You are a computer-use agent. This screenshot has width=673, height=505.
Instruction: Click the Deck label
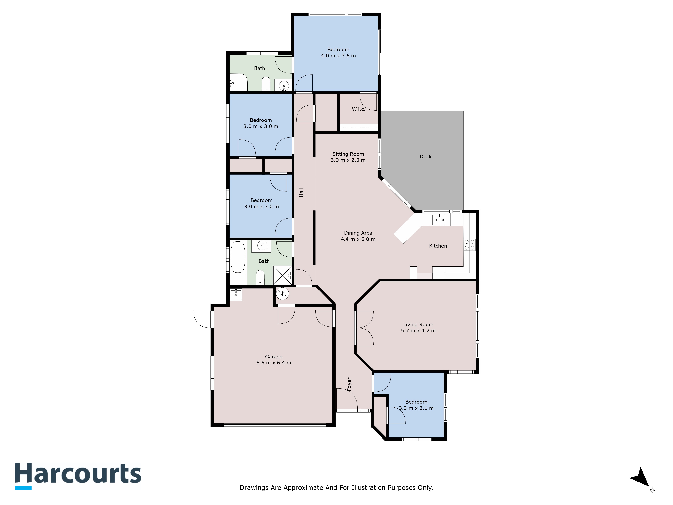coord(425,156)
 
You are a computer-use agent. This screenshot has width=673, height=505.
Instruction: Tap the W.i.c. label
coord(358,109)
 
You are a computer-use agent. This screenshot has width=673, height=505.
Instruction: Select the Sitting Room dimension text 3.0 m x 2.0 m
coord(348,160)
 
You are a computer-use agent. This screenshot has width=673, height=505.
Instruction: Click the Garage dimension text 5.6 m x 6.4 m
coord(274,363)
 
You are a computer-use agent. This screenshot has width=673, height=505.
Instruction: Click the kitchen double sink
coord(439,220)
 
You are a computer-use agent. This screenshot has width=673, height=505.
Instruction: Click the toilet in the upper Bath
coord(266,84)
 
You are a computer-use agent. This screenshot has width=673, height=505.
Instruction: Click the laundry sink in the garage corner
coord(236,295)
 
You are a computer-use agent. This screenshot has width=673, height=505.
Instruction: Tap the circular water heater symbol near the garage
coord(282,294)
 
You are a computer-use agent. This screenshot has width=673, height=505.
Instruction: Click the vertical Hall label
coord(301,192)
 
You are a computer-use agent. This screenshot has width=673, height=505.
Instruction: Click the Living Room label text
coord(418,325)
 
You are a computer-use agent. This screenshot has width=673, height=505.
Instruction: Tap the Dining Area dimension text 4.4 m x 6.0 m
coord(358,239)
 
